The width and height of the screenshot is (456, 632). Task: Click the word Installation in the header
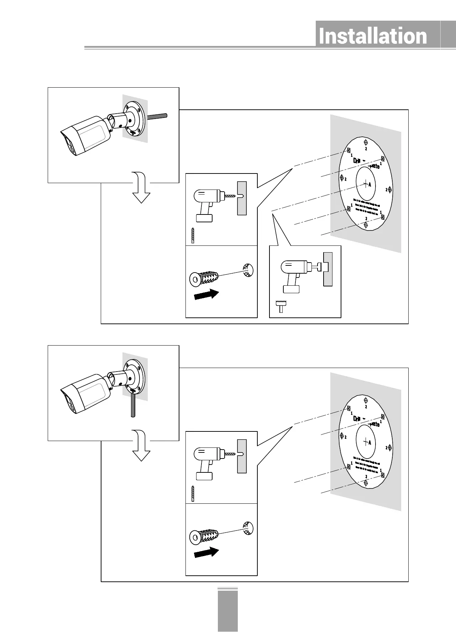point(373,36)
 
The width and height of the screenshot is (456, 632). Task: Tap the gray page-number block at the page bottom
point(227,611)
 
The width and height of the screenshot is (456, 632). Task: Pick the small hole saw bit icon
point(281,305)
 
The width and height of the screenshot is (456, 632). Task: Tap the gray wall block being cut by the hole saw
point(328,269)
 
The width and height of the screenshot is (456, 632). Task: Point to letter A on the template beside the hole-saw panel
point(369,185)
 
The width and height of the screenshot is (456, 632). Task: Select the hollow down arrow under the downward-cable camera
point(141,446)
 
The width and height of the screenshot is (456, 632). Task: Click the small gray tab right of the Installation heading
point(448,35)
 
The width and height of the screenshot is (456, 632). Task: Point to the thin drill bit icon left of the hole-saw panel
point(193,235)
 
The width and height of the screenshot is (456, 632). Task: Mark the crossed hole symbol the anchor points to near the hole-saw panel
point(248,270)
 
